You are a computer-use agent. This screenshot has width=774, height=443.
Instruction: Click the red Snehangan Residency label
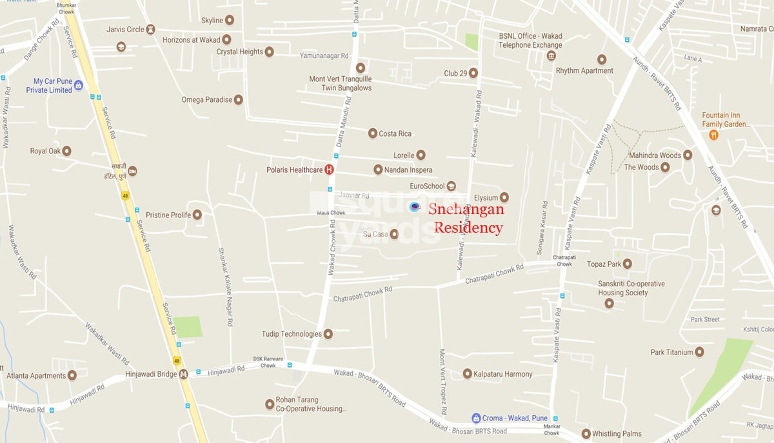point(466,218)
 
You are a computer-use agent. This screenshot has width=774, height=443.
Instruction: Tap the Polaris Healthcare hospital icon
point(329,170)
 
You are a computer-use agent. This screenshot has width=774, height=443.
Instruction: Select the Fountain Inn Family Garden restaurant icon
point(713,135)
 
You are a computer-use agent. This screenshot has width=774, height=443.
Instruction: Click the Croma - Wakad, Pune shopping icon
point(476,418)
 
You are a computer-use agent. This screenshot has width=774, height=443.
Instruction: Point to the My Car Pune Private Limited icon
point(79,85)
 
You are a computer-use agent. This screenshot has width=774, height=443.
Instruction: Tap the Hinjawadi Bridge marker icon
point(183,374)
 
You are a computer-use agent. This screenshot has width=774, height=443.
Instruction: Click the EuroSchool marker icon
point(451,186)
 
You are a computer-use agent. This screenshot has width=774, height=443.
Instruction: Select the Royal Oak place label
point(45,151)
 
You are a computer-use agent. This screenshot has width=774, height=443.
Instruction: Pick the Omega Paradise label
point(206,100)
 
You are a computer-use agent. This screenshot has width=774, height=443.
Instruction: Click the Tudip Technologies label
point(292,334)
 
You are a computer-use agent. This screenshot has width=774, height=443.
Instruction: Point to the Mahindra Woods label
point(655,155)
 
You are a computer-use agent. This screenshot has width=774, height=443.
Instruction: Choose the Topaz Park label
point(604,264)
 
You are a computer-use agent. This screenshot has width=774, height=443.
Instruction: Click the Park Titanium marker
point(699,352)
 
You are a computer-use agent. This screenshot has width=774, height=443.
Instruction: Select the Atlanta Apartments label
point(36,375)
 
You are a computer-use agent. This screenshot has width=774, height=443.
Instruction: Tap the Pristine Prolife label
point(168,215)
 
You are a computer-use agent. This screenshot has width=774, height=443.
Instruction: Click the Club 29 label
point(455,74)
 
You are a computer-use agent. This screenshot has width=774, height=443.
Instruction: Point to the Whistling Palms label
point(617,434)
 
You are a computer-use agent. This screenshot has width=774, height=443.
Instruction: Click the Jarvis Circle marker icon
point(150,30)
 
